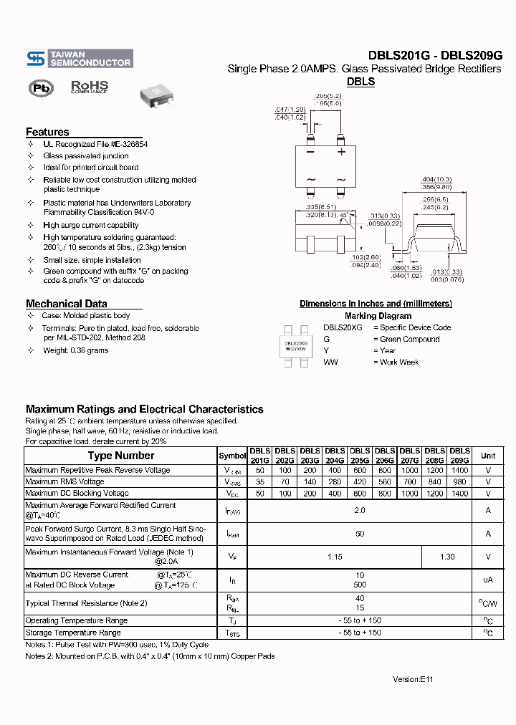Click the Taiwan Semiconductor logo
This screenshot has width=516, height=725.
(x=79, y=59)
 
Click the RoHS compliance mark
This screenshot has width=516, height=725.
(x=90, y=87)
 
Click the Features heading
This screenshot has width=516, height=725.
(x=47, y=132)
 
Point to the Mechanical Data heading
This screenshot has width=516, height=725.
(x=66, y=303)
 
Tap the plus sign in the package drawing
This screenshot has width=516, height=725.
(x=342, y=152)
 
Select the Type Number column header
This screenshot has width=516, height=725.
(x=120, y=456)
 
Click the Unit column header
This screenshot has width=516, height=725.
(x=488, y=456)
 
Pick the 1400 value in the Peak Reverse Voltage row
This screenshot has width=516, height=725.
(x=459, y=471)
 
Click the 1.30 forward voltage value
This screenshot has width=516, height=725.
(x=446, y=557)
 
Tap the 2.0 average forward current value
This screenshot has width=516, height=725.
(x=360, y=510)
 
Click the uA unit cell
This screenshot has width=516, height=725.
(x=488, y=580)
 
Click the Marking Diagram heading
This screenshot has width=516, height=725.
(x=378, y=316)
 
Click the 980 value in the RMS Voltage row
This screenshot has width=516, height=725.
(x=459, y=482)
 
